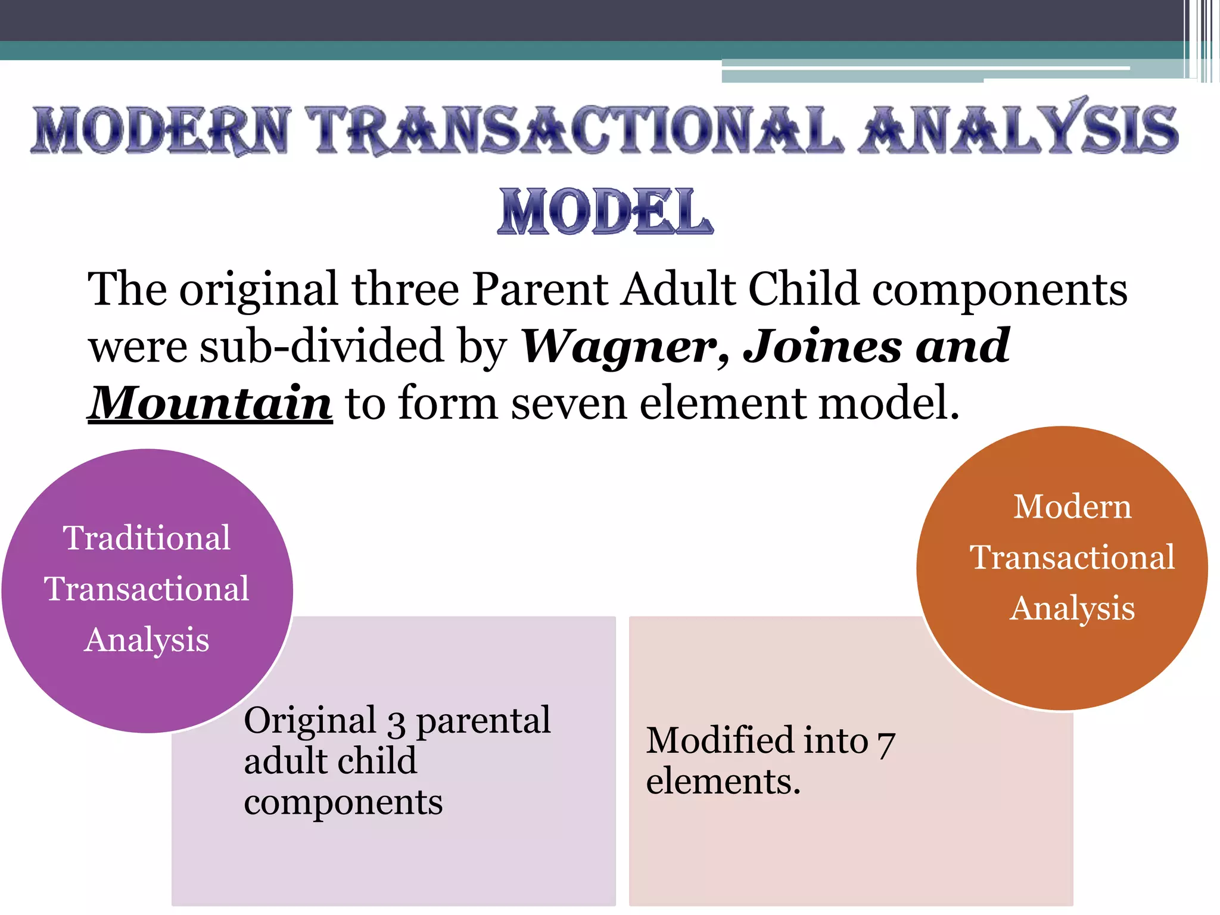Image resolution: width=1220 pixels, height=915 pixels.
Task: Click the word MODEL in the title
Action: [605, 211]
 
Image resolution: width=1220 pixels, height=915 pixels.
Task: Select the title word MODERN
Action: [161, 130]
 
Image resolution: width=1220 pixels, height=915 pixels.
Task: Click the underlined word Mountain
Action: [210, 403]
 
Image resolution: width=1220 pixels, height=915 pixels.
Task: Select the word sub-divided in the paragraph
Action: [322, 347]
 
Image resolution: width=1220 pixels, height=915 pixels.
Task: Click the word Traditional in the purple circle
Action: [147, 538]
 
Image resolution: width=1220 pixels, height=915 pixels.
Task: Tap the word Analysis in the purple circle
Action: [147, 640]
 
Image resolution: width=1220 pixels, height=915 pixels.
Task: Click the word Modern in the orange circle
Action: [1072, 507]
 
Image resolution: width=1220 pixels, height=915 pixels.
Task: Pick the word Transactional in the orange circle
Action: [1072, 558]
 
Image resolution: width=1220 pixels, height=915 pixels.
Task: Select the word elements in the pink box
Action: [723, 782]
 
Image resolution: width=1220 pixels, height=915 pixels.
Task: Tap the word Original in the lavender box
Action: [310, 721]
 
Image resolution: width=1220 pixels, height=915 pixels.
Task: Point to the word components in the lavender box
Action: [343, 802]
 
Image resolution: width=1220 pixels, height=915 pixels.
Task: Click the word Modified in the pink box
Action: [757, 740]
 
